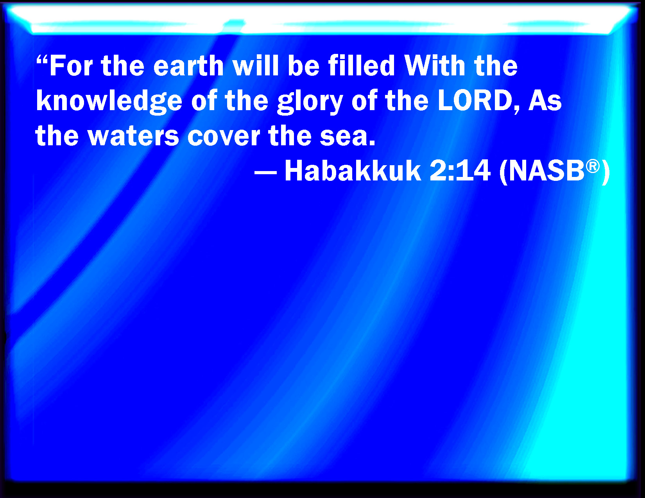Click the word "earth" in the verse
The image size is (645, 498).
pyautogui.click(x=188, y=66)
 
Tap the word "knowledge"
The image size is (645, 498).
pyautogui.click(x=109, y=102)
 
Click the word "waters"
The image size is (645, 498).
pyautogui.click(x=133, y=136)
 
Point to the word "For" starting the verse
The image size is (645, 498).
pyautogui.click(x=71, y=66)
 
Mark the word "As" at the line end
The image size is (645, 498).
pyautogui.click(x=545, y=100)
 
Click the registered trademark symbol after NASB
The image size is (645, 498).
pyautogui.click(x=593, y=166)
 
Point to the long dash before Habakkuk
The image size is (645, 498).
pyautogui.click(x=265, y=172)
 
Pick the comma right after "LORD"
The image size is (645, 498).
pyautogui.click(x=517, y=109)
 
